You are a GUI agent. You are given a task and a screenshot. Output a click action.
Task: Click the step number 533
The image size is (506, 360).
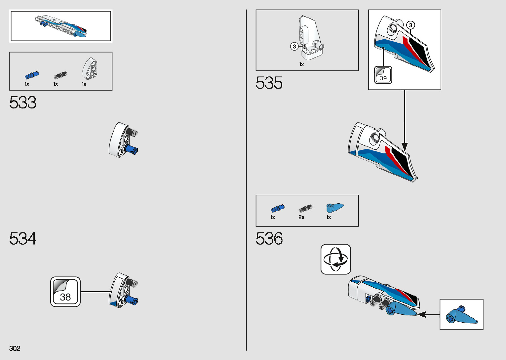click(23, 102)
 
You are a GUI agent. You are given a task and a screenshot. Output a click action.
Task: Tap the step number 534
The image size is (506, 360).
click(23, 238)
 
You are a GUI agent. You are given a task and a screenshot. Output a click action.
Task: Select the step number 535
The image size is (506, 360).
click(269, 83)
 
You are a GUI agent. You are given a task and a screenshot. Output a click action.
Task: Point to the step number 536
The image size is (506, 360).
click(269, 238)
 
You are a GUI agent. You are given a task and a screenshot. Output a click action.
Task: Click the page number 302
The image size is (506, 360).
click(15, 348)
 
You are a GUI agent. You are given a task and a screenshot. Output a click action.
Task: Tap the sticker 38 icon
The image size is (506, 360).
click(65, 292)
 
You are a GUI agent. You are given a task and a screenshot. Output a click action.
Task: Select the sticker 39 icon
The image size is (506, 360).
click(383, 75)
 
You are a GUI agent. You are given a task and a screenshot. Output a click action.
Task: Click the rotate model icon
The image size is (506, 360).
click(335, 259)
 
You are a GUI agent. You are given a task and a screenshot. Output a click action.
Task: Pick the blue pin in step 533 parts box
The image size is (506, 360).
click(32, 75)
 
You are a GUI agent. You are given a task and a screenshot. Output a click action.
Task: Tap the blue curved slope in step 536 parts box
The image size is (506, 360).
click(334, 207)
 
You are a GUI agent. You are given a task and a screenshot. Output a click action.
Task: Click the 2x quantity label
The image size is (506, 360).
click(301, 217)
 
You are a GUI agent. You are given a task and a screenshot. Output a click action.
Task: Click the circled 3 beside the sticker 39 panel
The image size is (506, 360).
click(410, 25)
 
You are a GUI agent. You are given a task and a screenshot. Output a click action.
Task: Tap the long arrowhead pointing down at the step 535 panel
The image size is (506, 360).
click(405, 146)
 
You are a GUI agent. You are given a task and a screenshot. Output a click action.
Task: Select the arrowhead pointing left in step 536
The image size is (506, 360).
click(422, 314)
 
